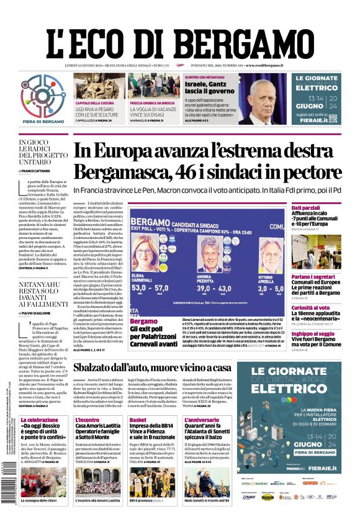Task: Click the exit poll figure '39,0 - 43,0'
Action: (214, 288)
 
